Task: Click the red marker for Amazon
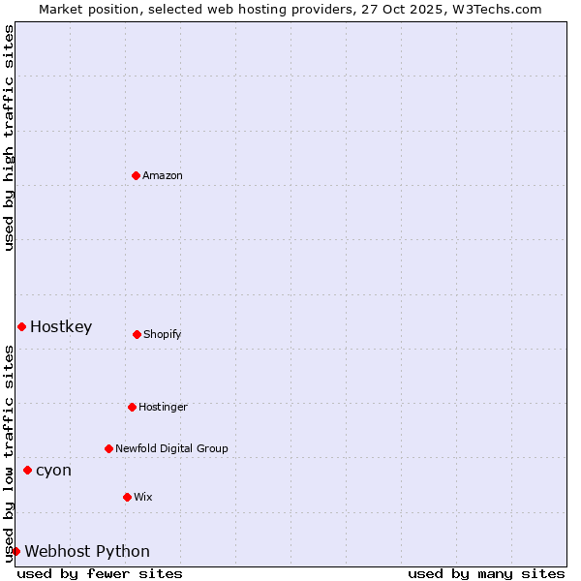tap(136, 175)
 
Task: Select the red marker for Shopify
tap(137, 334)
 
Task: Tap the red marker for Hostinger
tap(132, 407)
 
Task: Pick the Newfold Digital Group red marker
tap(108, 448)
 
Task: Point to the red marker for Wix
tap(127, 497)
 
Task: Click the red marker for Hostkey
tap(21, 326)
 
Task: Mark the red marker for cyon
tap(27, 470)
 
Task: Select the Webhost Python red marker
tap(15, 551)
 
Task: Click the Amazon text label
tap(163, 175)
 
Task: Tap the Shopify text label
tap(163, 334)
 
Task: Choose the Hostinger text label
tap(163, 407)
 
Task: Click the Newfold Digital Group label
tap(171, 448)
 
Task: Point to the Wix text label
tap(143, 497)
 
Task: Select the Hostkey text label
tap(61, 326)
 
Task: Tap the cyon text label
tap(53, 470)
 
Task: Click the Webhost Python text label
tap(87, 551)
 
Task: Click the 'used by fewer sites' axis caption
tap(100, 573)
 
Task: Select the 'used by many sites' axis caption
tap(486, 573)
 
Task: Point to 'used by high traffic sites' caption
tap(9, 138)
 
